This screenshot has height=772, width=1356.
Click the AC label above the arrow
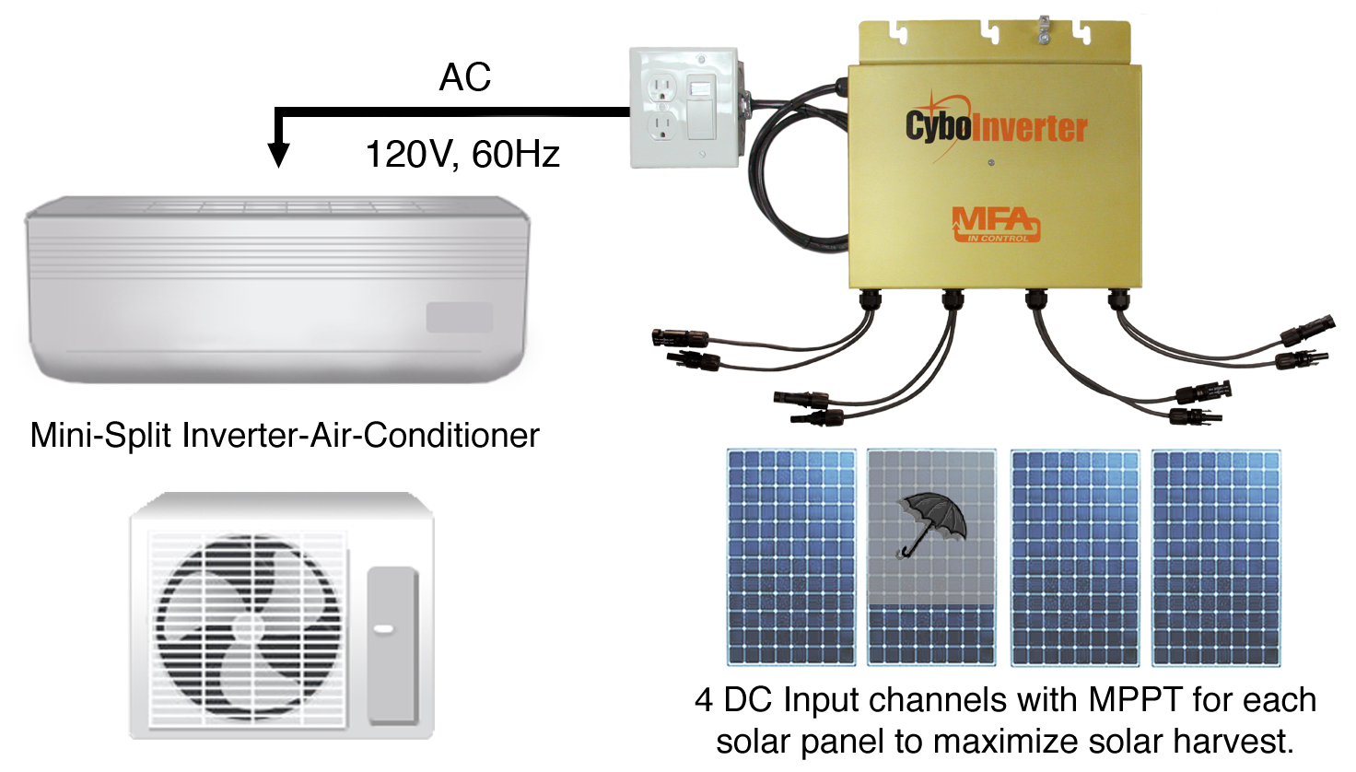(465, 78)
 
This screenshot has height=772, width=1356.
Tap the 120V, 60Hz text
(462, 154)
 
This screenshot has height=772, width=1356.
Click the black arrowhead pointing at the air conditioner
(278, 154)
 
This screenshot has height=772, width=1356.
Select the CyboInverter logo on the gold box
(996, 126)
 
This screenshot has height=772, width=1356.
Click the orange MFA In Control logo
(995, 224)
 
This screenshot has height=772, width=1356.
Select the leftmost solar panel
(791, 556)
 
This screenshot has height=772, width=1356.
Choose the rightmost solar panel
(1216, 556)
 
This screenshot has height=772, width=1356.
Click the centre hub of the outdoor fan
(247, 628)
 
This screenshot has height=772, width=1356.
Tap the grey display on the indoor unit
(459, 318)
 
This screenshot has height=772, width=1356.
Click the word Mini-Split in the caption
(101, 435)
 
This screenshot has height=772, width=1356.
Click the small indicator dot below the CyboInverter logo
(990, 163)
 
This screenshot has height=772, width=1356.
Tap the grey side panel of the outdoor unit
(392, 645)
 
